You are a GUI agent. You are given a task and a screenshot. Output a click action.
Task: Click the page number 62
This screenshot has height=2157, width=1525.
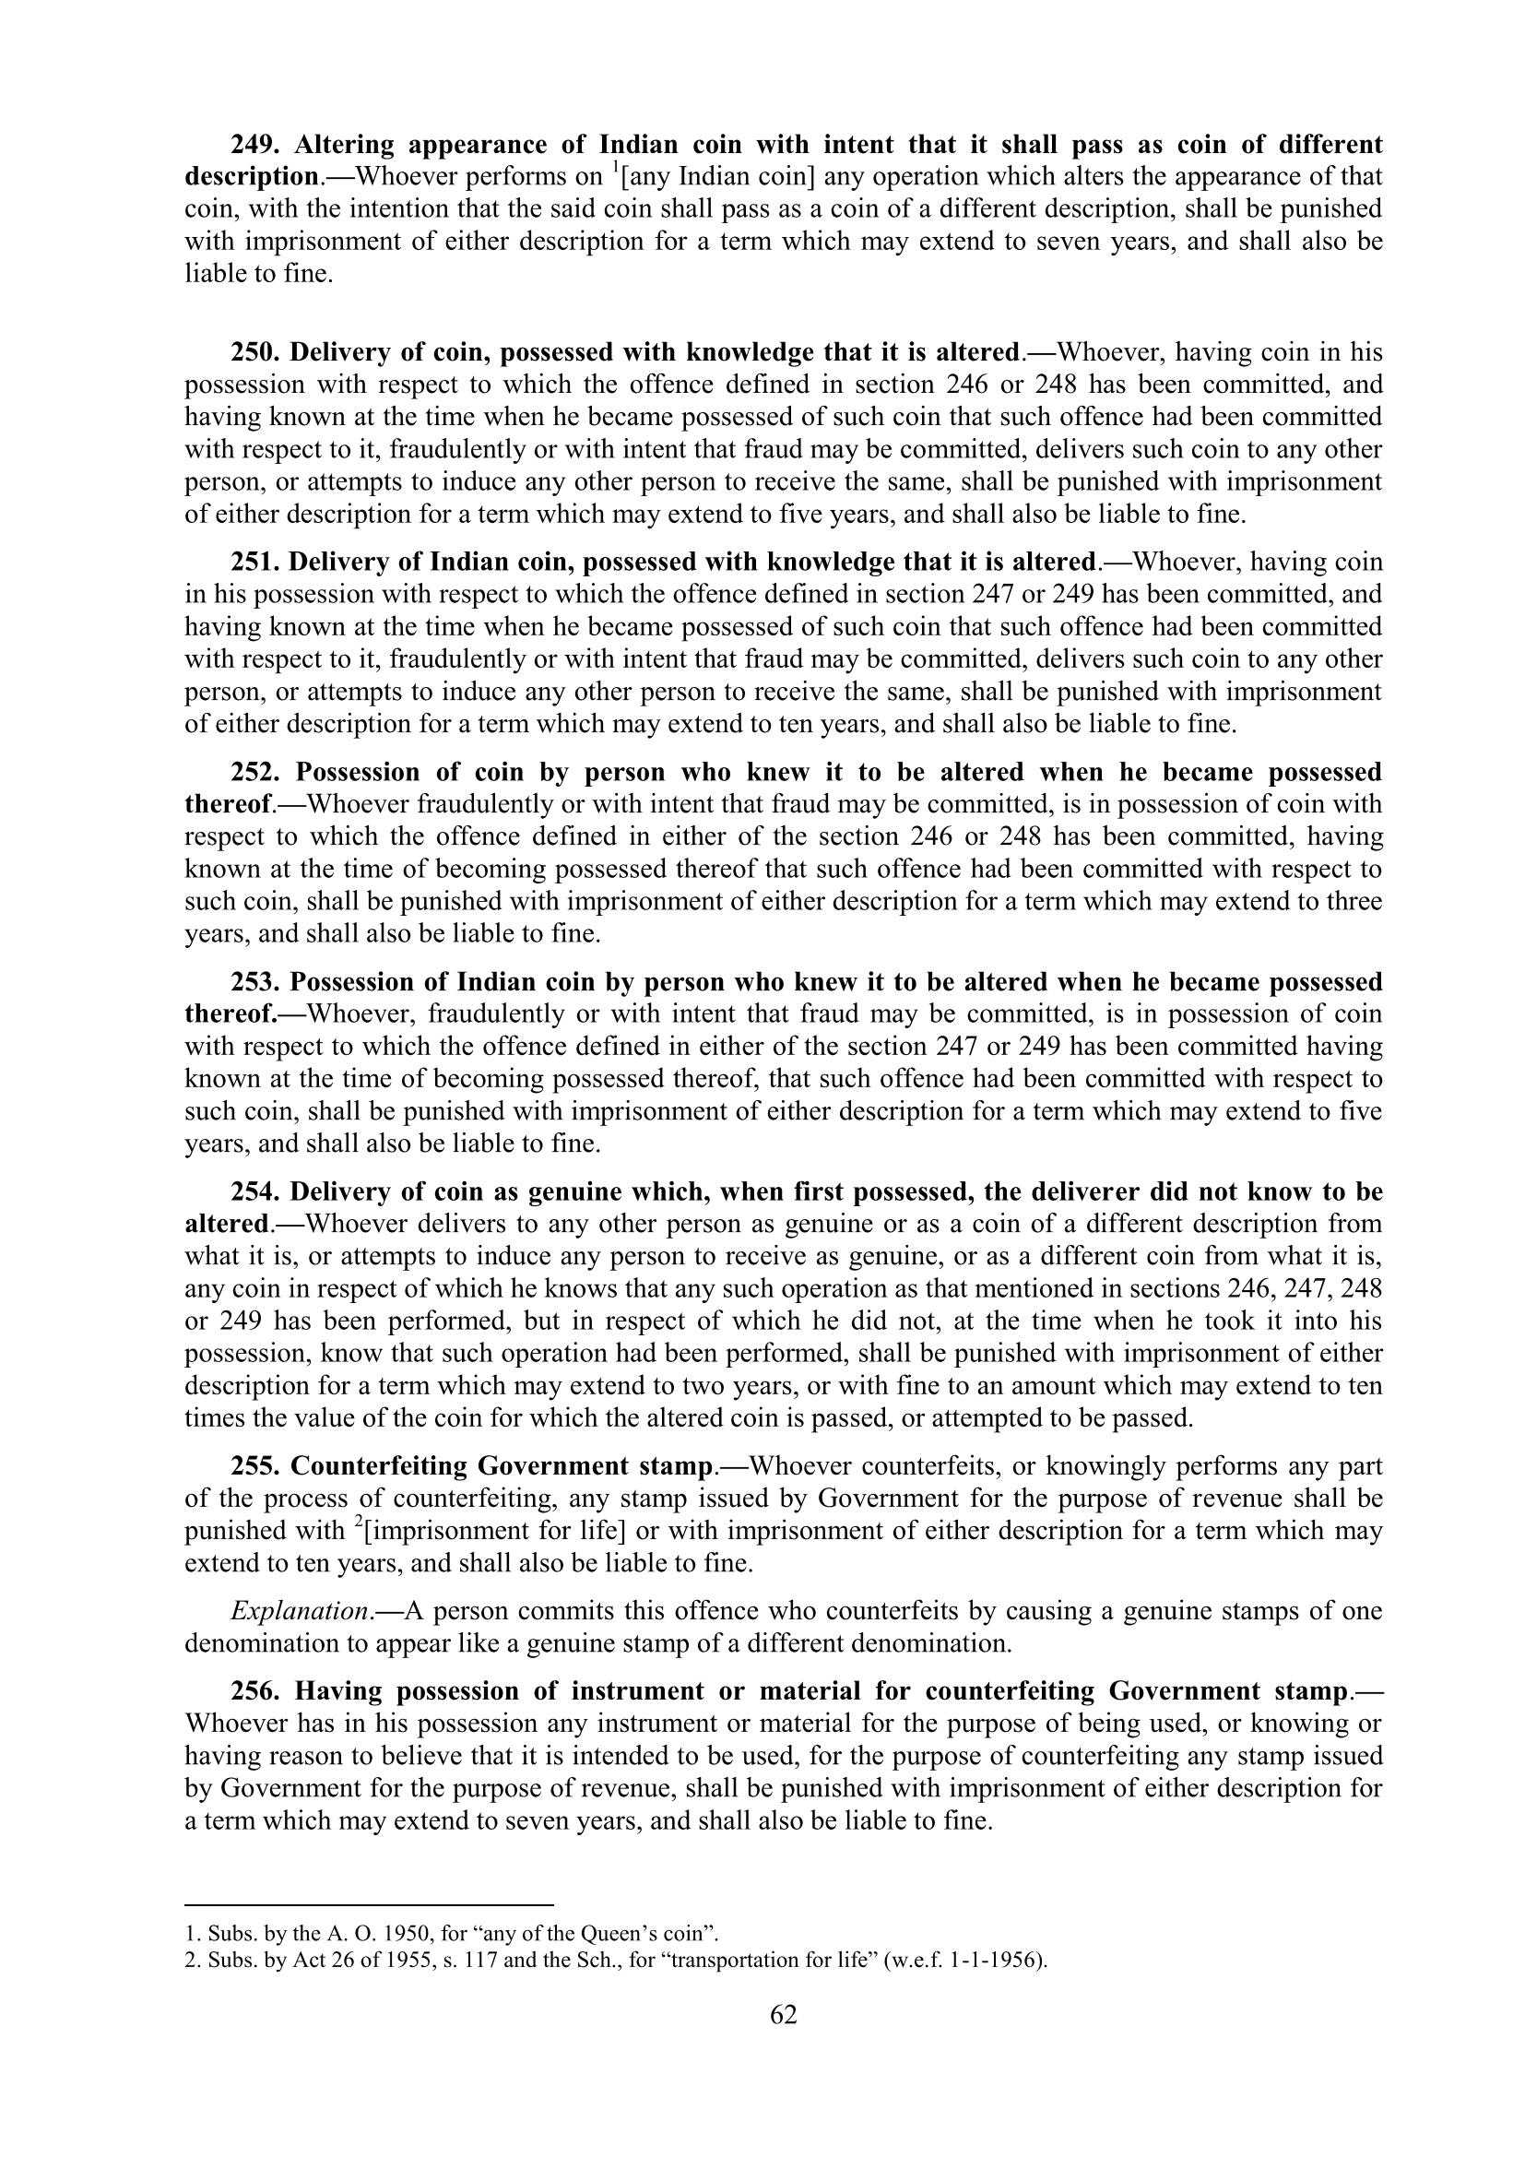(x=783, y=2014)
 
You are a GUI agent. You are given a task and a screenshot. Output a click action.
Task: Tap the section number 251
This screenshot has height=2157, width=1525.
(x=255, y=562)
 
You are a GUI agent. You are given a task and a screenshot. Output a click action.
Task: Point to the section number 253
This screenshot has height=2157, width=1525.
(x=256, y=982)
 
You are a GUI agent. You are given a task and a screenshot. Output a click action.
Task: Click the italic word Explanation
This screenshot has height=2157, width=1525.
(x=300, y=1611)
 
